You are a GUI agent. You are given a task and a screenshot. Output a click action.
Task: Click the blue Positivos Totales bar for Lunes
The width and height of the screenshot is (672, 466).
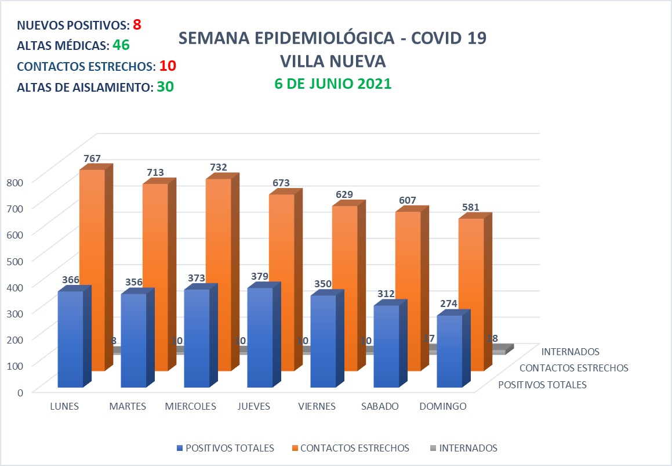(70, 339)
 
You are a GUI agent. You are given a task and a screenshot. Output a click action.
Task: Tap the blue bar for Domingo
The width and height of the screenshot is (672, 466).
(449, 351)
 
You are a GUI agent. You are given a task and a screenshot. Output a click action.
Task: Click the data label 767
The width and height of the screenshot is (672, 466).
(92, 158)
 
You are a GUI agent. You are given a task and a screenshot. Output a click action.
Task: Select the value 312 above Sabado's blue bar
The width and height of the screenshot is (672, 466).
(386, 294)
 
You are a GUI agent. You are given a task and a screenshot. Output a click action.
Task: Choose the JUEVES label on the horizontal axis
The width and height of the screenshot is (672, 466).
(254, 406)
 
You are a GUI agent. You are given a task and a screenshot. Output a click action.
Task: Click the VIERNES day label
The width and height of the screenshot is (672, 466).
(317, 406)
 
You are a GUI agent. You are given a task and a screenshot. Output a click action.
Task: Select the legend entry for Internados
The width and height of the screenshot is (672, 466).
(468, 448)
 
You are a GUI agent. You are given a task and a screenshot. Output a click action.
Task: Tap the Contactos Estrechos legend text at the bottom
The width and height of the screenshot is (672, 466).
(355, 448)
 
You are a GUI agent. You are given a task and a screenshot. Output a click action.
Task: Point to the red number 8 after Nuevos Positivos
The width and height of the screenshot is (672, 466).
(137, 25)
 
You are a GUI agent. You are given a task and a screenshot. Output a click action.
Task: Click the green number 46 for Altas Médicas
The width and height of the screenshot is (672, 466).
(121, 45)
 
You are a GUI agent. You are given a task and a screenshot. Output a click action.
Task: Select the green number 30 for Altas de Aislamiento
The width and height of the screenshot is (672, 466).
(165, 86)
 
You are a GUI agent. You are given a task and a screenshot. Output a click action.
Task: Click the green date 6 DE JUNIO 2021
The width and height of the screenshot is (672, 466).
(333, 84)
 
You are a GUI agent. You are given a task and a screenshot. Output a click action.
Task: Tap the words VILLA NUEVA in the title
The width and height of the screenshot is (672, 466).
(332, 61)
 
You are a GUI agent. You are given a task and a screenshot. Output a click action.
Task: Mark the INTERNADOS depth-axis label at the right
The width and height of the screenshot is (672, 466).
(570, 351)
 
